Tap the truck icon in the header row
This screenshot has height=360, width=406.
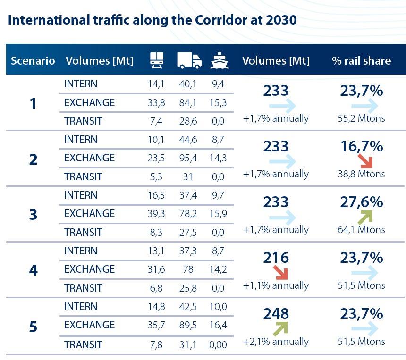[x=189, y=60]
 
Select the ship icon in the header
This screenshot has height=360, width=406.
[x=219, y=60]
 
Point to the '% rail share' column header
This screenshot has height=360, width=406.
[x=361, y=60]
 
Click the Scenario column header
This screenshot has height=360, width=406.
[x=33, y=60]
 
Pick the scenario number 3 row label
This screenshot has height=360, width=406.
[x=33, y=214]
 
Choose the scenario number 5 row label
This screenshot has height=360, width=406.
[x=33, y=326]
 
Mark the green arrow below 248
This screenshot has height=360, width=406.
[x=279, y=328]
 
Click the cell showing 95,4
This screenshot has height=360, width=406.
[x=189, y=158]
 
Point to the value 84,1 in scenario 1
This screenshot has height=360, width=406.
[x=189, y=102]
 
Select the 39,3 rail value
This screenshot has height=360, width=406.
[x=156, y=214]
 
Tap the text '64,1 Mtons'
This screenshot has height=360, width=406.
[x=362, y=230]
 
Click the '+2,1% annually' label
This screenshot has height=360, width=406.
[x=276, y=341]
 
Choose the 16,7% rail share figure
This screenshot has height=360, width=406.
[x=362, y=146]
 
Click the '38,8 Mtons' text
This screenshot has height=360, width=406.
[x=362, y=174]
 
